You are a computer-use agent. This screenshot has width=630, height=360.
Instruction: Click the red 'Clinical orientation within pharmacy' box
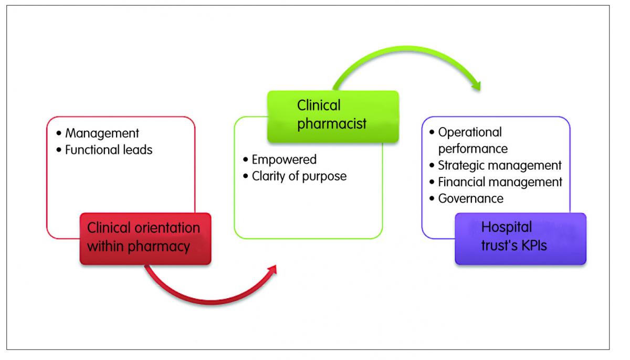(145, 239)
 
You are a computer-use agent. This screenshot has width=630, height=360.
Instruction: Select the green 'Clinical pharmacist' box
(333, 117)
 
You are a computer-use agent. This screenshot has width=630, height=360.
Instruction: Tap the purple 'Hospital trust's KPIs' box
(521, 239)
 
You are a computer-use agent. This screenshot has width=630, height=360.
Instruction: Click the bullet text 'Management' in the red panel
(102, 133)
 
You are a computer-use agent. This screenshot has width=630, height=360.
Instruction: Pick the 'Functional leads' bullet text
(109, 150)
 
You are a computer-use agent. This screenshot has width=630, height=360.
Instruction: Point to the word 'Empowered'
(284, 160)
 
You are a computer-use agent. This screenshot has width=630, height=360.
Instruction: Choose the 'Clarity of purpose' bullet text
(299, 176)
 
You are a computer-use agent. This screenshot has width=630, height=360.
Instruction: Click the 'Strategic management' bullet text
(500, 165)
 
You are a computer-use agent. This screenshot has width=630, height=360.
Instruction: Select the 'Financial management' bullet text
(500, 182)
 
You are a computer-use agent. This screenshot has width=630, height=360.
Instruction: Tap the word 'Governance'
(471, 198)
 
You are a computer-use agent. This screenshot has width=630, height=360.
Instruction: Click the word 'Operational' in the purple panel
(470, 132)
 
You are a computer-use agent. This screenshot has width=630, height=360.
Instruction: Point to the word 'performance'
(473, 149)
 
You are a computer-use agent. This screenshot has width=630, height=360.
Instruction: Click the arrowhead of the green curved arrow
(476, 86)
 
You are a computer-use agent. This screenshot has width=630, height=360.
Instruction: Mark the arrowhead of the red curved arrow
(272, 269)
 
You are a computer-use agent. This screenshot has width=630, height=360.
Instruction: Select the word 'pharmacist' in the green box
(332, 124)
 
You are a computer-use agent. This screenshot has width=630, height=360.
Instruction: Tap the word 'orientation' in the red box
(167, 228)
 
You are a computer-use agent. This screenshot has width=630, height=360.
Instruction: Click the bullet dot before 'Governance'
(432, 198)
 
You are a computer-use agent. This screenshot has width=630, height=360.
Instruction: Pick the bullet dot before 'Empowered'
(246, 160)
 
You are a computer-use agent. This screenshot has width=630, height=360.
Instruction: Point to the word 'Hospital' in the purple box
(507, 227)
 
